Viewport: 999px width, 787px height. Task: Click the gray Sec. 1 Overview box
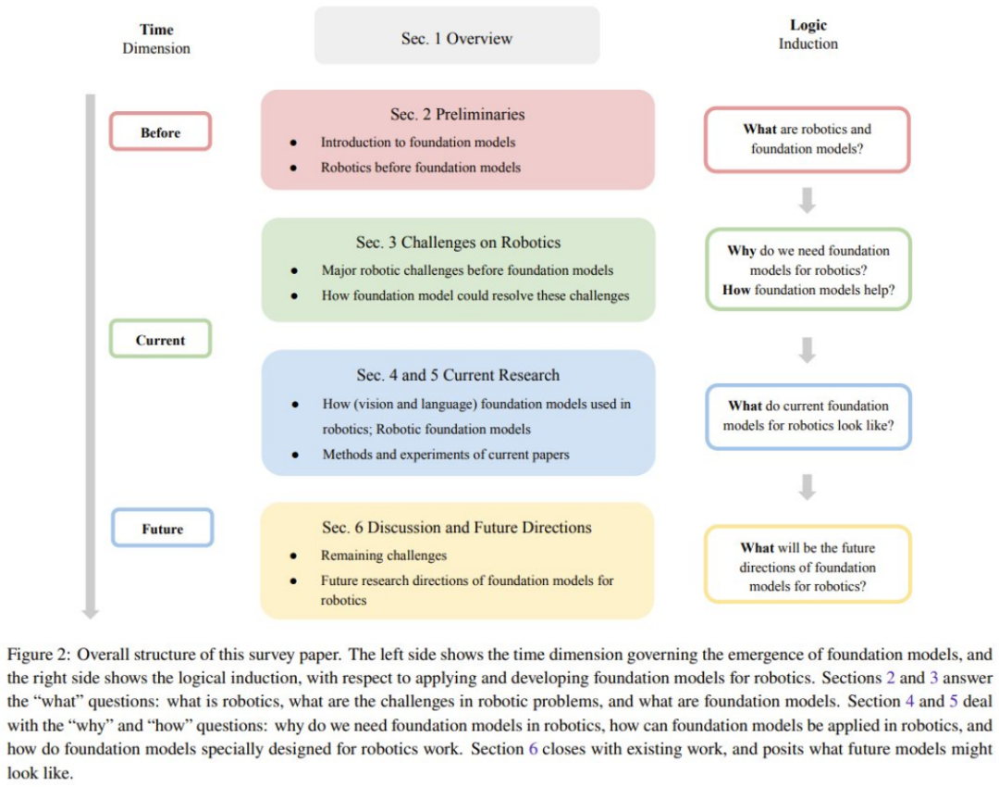[457, 39]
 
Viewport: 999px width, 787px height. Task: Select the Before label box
[160, 132]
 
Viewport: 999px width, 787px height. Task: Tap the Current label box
[160, 340]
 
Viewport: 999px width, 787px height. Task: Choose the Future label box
[162, 529]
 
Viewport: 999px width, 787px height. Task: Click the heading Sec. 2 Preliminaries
[457, 115]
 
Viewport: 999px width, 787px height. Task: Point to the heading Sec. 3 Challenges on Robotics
[458, 243]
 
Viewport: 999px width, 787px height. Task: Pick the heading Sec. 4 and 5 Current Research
[458, 375]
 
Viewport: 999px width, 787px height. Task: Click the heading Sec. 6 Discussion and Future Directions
[456, 528]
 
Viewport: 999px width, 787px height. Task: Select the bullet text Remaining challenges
[383, 556]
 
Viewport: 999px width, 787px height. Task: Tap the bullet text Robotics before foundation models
[420, 168]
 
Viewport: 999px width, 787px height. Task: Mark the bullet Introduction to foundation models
[417, 143]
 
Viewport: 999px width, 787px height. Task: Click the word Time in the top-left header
[156, 30]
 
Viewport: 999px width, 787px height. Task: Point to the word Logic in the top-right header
[808, 26]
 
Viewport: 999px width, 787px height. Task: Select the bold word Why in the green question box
[742, 251]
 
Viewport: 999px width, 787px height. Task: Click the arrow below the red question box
[808, 199]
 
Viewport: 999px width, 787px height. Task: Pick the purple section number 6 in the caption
[533, 748]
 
